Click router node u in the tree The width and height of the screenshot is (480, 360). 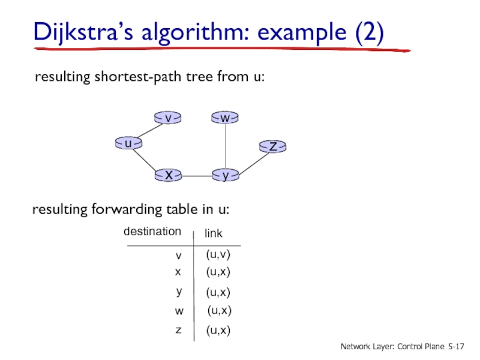[128, 143]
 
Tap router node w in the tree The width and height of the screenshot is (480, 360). [225, 118]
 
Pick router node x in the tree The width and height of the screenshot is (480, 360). [169, 175]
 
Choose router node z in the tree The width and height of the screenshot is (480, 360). [273, 146]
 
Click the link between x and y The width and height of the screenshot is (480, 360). [197, 176]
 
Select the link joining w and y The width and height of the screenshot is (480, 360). [225, 147]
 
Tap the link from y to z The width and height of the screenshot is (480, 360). [250, 161]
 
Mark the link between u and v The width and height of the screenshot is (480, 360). [148, 130]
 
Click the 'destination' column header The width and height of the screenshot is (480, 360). [152, 232]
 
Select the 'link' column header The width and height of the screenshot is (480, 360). [214, 232]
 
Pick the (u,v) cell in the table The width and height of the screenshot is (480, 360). [218, 255]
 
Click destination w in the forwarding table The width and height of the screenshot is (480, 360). [179, 311]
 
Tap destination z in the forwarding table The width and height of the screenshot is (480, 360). [178, 330]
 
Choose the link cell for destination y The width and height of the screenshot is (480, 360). [218, 292]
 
